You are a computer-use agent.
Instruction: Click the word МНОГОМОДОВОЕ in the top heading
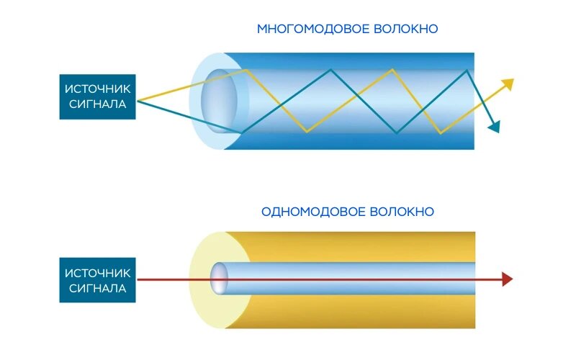pyautogui.click(x=312, y=30)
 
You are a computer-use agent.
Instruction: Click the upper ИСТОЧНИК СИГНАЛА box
pyautogui.click(x=97, y=97)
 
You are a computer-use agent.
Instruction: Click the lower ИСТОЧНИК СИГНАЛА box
pyautogui.click(x=97, y=281)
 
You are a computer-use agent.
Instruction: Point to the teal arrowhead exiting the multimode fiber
pyautogui.click(x=494, y=127)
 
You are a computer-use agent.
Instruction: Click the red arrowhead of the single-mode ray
pyautogui.click(x=508, y=279)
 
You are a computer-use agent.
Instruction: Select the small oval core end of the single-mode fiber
pyautogui.click(x=219, y=279)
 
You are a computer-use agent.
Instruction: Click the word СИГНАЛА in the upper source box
pyautogui.click(x=98, y=105)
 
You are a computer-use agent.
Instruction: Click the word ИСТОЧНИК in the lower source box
pyautogui.click(x=98, y=273)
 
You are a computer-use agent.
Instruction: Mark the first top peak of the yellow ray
pyautogui.click(x=248, y=70)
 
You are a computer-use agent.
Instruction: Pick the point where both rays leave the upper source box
pyautogui.click(x=136, y=99)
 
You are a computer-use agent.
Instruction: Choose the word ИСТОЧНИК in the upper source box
pyautogui.click(x=98, y=89)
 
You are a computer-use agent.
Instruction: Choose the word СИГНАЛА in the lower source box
pyautogui.click(x=98, y=289)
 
